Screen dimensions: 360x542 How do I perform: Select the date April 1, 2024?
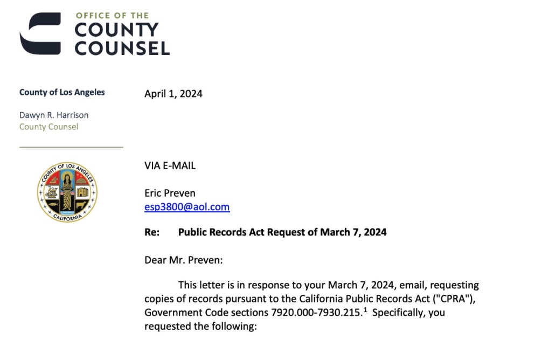tap(173, 94)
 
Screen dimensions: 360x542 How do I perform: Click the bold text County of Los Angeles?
tap(62, 92)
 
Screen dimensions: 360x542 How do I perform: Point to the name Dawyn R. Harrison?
tap(54, 115)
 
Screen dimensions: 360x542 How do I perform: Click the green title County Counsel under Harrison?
tap(48, 127)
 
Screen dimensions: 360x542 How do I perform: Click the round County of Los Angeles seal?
tap(67, 192)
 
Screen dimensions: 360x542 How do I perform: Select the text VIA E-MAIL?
tap(170, 166)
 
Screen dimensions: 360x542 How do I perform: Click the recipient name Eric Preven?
tap(169, 193)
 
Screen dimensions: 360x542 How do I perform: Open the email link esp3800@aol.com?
tap(187, 207)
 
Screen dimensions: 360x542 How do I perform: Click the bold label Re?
tap(152, 232)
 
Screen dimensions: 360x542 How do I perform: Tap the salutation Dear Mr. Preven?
tap(183, 260)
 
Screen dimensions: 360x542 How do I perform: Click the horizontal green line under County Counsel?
tap(71, 147)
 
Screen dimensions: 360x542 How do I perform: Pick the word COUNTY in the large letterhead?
tap(116, 30)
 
